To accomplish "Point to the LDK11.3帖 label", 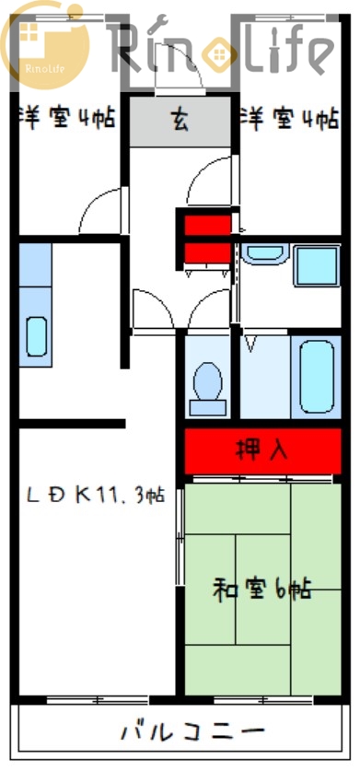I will (x=95, y=495).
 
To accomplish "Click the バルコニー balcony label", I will (x=192, y=733).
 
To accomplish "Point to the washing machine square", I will (x=316, y=265).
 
